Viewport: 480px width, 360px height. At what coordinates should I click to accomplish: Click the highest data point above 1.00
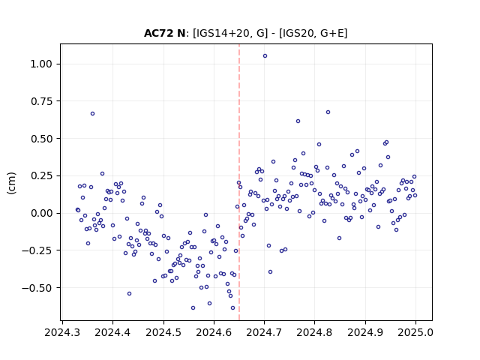tap(265, 56)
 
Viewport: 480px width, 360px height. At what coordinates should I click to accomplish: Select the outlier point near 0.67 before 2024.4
tap(92, 113)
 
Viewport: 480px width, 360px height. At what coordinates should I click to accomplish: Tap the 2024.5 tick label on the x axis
tap(163, 332)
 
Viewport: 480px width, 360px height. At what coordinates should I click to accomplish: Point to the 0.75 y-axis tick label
tap(41, 101)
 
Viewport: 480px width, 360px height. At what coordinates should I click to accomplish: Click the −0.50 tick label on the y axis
tap(37, 288)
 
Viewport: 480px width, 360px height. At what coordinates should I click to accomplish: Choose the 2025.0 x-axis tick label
tap(415, 332)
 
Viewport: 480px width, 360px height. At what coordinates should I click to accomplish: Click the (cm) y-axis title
tap(11, 183)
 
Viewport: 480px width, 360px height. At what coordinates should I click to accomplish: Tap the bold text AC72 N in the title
tap(164, 33)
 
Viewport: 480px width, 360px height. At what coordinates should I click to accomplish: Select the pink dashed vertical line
tap(239, 182)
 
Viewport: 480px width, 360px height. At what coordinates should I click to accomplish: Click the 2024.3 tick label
tap(62, 332)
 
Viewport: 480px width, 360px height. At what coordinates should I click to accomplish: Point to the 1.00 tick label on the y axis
tap(41, 64)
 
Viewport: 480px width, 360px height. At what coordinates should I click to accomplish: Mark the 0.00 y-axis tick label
tap(41, 213)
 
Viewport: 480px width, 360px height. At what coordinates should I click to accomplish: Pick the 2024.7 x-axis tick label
tap(264, 332)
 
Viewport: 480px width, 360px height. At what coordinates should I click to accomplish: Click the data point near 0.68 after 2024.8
tap(328, 112)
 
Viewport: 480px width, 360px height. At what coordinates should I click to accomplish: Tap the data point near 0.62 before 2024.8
tap(298, 121)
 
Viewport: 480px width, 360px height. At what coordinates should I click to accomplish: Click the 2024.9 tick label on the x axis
tap(365, 332)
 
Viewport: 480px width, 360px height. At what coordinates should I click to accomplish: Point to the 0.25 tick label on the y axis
tap(41, 176)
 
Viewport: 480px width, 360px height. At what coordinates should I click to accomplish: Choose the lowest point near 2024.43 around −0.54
tap(129, 293)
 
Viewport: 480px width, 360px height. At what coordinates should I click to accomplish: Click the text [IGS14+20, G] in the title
tap(230, 33)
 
